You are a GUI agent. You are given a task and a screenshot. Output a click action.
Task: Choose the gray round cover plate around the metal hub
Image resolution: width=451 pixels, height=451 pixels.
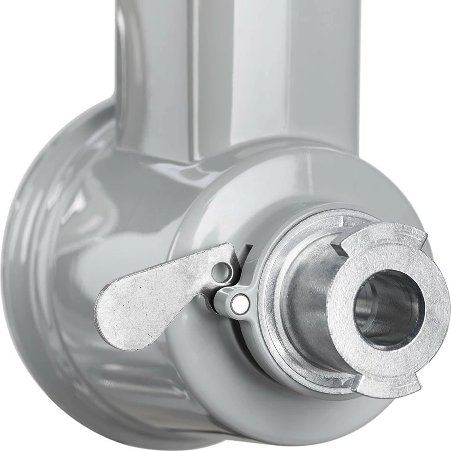click(228, 200)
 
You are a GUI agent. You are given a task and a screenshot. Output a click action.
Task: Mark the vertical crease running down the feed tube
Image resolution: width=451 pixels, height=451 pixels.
click(190, 71)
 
